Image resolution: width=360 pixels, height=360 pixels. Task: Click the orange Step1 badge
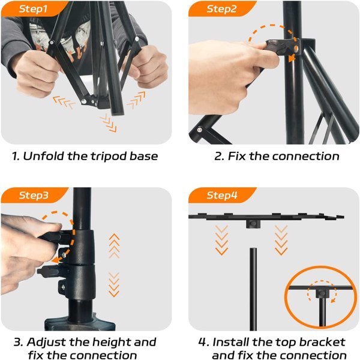coord(33,9)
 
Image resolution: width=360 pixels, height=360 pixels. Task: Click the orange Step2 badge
coord(221,9)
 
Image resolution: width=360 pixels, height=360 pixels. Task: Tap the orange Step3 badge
coord(33,195)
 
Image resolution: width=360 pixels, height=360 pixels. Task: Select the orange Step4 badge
coord(221,195)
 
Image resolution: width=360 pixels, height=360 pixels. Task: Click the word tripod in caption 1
coord(109,157)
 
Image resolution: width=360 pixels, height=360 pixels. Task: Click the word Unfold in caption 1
coord(43,156)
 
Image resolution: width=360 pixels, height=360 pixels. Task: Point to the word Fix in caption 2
coord(236,156)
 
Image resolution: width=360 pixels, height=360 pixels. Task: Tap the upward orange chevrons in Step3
coord(115,245)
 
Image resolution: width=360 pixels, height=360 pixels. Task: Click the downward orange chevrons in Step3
coord(114,284)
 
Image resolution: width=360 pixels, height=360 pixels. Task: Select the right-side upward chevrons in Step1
coord(136,100)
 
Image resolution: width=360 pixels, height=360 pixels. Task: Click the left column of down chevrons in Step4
coord(222,240)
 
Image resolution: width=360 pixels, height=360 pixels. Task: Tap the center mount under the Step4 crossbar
coord(253,224)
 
